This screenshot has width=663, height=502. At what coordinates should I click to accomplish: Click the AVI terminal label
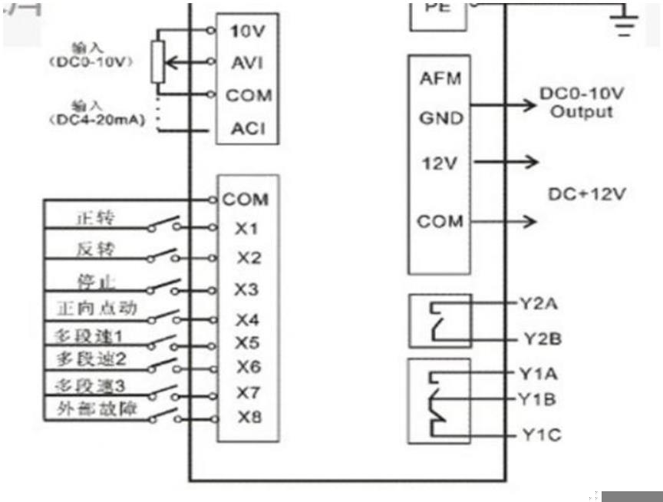pos(247,63)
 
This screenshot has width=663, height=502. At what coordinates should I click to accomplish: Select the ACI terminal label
pos(248,128)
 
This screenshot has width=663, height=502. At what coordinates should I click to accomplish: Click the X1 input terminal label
pos(246,228)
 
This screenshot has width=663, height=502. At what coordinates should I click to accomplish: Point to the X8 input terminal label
pos(248,418)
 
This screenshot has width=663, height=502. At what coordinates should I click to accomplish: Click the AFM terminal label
pos(441,79)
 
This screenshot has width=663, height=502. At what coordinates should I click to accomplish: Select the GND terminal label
pos(441,118)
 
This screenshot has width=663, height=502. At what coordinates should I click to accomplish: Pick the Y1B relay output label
pos(541,399)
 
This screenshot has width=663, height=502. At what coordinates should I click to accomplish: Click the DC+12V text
pos(585,194)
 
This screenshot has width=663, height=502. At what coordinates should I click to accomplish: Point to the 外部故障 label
pos(97,409)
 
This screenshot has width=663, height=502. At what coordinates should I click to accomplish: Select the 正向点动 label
pos(97,309)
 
